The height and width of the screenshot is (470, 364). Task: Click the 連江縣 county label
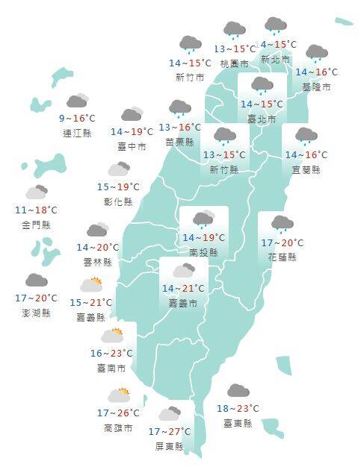coord(78,133)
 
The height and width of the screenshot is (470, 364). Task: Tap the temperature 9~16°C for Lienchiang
coord(78,119)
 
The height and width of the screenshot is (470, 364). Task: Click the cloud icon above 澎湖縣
coord(36,281)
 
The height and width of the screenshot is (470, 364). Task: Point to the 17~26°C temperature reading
coord(118,413)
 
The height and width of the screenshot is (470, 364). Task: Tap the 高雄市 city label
coord(118,428)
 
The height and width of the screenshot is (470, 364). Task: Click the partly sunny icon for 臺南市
coord(112,336)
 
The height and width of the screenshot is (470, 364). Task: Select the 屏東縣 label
coord(168,446)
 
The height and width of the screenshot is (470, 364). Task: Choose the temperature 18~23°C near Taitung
coord(238,409)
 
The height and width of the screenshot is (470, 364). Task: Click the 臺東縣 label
coord(238,423)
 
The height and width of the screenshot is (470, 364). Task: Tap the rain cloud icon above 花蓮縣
coord(282,223)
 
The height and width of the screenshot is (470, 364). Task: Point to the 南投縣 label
coord(203,252)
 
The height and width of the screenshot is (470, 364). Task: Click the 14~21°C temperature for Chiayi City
coord(183,289)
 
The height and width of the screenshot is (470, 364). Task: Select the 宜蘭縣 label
coord(306,169)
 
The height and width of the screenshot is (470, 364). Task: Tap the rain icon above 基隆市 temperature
coord(317,54)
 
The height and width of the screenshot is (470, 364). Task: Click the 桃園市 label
coord(234,64)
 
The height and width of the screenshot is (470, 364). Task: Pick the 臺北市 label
coord(261,119)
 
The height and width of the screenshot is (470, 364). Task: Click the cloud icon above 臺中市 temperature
coord(132,114)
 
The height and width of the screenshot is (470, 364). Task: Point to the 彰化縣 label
coord(118,201)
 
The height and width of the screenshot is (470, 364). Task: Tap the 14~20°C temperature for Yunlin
coord(98,248)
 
